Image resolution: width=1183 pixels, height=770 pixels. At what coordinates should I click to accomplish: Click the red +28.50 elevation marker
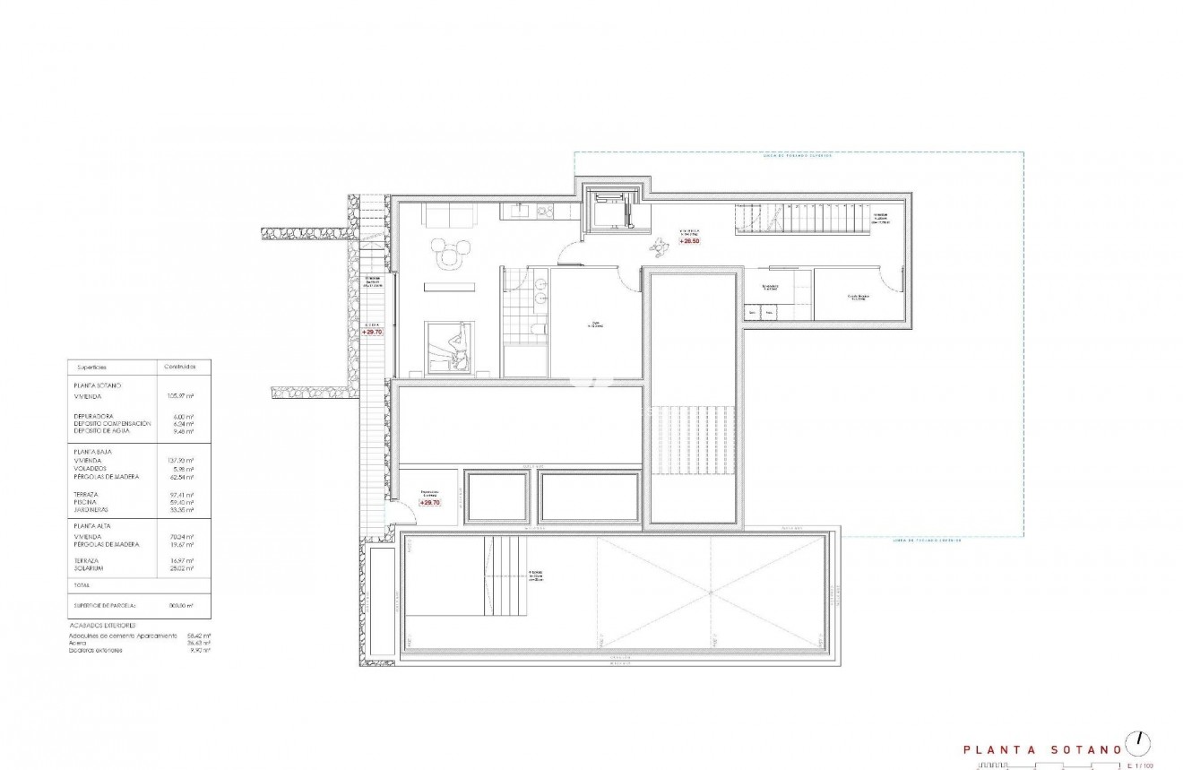[x=690, y=241]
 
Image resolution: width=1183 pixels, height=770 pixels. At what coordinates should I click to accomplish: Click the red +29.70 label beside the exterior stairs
[x=372, y=332]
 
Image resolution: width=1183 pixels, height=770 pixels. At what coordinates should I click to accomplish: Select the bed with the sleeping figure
[x=453, y=345]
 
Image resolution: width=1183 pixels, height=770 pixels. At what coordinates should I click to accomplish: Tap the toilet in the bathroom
[x=536, y=332]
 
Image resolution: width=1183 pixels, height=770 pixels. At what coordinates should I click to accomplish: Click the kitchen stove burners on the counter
[x=544, y=212]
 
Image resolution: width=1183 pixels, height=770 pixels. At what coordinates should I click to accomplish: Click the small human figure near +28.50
[x=662, y=242]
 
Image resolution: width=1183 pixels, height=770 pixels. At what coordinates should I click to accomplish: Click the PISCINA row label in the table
[x=87, y=502]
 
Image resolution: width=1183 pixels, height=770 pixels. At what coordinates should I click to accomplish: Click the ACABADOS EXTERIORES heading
[x=101, y=625]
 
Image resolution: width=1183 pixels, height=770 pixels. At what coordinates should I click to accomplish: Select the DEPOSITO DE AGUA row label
[x=100, y=431]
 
